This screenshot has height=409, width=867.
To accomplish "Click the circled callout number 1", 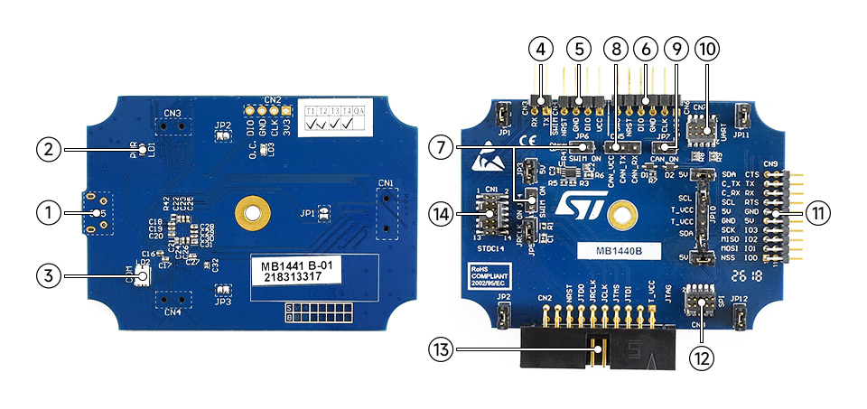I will pos(50,213).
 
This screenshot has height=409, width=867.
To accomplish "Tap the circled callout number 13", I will pos(441,349).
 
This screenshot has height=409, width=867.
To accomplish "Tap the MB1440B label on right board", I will pos(619,251).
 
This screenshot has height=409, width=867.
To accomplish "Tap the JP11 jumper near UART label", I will pos(742,116).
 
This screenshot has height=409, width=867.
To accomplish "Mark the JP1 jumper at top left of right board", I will pos(503,116).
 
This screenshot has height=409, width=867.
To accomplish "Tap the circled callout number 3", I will pos(50,274).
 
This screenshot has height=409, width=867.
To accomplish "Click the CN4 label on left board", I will pos(172,312).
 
